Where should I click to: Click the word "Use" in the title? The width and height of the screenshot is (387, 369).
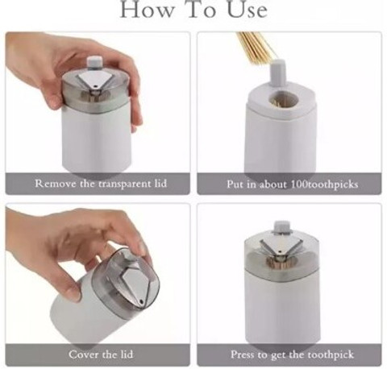(x=248, y=10)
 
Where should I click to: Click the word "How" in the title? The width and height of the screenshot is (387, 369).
(x=147, y=10)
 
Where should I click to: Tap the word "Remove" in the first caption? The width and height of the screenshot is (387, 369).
(x=55, y=184)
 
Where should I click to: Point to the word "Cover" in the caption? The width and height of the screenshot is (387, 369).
(x=83, y=354)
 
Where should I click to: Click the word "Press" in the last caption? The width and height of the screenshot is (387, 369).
(x=243, y=354)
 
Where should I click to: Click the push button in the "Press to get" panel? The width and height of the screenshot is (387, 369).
(x=281, y=227)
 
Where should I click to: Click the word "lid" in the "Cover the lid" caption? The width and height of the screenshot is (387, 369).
(x=127, y=354)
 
